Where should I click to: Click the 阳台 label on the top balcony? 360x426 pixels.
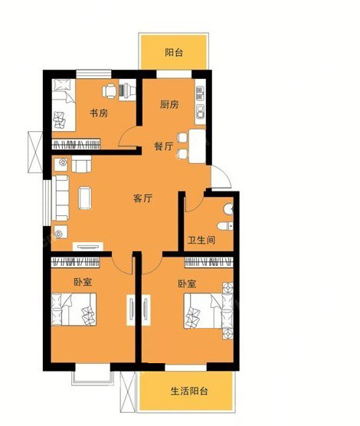174,52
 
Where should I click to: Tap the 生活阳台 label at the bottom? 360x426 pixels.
189,392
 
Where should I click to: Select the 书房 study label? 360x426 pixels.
99,113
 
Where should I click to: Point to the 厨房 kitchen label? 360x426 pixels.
169,104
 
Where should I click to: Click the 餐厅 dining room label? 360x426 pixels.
164,146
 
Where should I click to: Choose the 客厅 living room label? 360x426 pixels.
143,198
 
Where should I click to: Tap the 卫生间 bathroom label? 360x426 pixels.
201,240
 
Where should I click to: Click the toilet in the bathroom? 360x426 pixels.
225,226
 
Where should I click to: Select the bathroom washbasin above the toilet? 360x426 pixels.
229,209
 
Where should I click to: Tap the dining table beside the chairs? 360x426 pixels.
198,146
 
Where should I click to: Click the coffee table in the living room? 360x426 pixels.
85,198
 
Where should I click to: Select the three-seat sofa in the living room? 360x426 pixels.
60,198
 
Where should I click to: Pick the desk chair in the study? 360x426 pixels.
110,91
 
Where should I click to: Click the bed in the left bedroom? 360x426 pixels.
74,310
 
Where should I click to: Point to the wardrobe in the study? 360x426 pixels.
76,144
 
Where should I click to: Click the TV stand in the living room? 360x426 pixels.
88,247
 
